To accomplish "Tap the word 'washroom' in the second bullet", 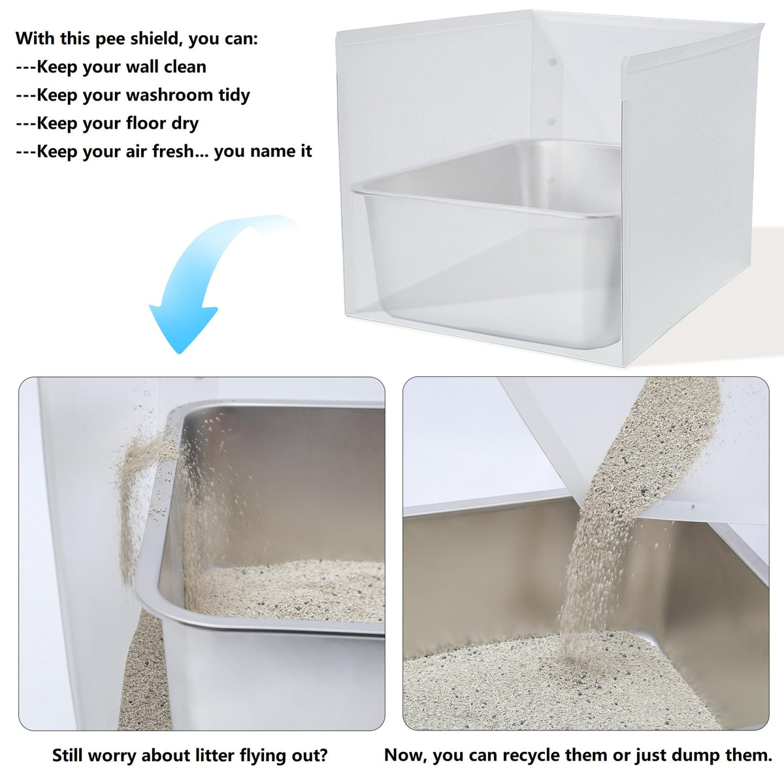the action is coord(169,95).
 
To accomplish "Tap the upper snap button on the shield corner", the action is coord(551,62).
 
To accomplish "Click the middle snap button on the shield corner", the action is coord(551,122).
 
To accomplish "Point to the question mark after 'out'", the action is coord(323,743).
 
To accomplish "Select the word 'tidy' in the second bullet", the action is coord(234,95).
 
